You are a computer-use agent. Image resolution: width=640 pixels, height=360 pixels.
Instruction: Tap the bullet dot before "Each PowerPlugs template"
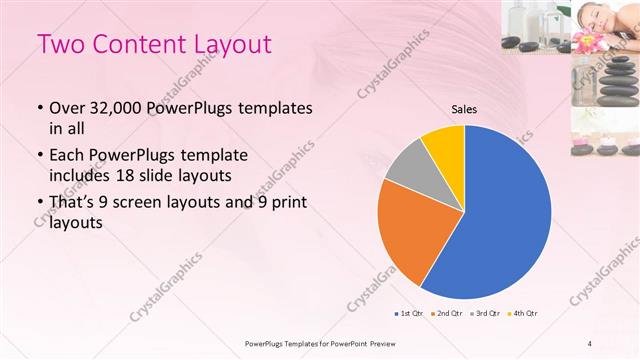39,156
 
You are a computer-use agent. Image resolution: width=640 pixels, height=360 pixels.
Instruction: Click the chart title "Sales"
464,109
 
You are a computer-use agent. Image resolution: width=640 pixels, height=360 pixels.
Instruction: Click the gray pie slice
411,166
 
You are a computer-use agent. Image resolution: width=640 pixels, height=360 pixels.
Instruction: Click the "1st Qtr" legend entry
407,314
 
